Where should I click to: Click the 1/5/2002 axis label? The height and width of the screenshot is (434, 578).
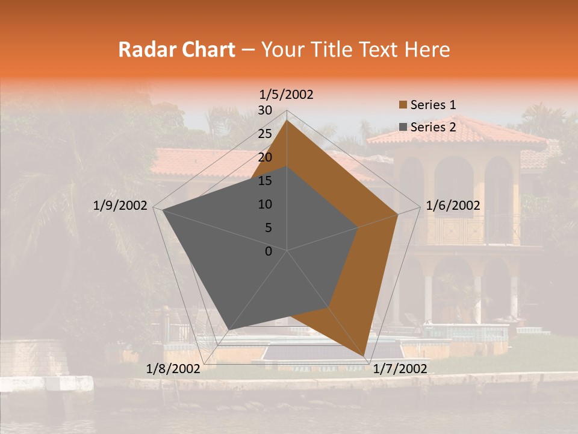pyautogui.click(x=287, y=95)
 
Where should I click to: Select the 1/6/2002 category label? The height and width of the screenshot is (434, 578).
pyautogui.click(x=453, y=206)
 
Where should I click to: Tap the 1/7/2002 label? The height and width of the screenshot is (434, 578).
pyautogui.click(x=400, y=368)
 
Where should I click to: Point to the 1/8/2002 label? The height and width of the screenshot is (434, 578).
pyautogui.click(x=173, y=368)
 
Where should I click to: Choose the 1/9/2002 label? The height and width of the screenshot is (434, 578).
pyautogui.click(x=120, y=206)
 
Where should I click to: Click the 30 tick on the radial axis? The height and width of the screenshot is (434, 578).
pyautogui.click(x=265, y=110)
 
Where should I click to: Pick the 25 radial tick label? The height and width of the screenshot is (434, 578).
pyautogui.click(x=265, y=134)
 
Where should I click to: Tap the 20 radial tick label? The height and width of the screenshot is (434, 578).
pyautogui.click(x=265, y=157)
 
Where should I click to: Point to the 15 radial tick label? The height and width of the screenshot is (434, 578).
pyautogui.click(x=265, y=181)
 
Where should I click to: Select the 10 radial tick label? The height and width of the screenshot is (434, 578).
pyautogui.click(x=265, y=204)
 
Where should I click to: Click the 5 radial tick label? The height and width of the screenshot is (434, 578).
pyautogui.click(x=269, y=228)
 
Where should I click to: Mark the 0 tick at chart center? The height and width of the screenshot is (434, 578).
pyautogui.click(x=269, y=251)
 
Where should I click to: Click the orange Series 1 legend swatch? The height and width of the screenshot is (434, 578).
pyautogui.click(x=403, y=105)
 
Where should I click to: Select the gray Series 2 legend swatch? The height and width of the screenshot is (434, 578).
pyautogui.click(x=403, y=127)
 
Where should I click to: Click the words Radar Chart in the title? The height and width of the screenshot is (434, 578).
pyautogui.click(x=176, y=50)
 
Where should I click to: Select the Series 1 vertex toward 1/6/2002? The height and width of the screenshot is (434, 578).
pyautogui.click(x=398, y=214)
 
